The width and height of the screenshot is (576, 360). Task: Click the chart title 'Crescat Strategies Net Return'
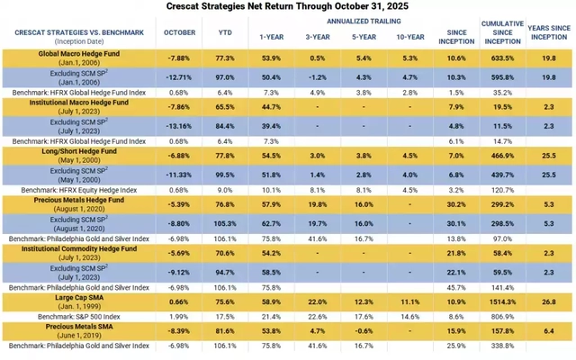tap(288, 6)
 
